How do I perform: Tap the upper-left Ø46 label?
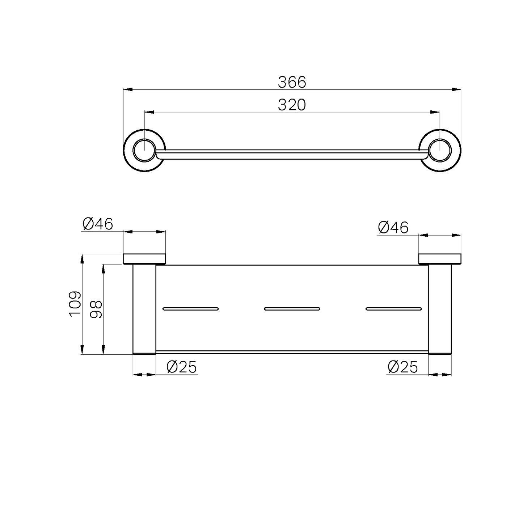point(97,224)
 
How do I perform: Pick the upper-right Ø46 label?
point(393,227)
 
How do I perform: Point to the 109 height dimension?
point(75,304)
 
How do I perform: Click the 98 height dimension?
point(96,309)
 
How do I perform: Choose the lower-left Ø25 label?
point(181,367)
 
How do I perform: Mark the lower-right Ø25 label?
point(402,367)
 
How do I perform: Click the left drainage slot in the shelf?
point(190,309)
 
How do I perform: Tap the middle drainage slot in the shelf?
point(292,309)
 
